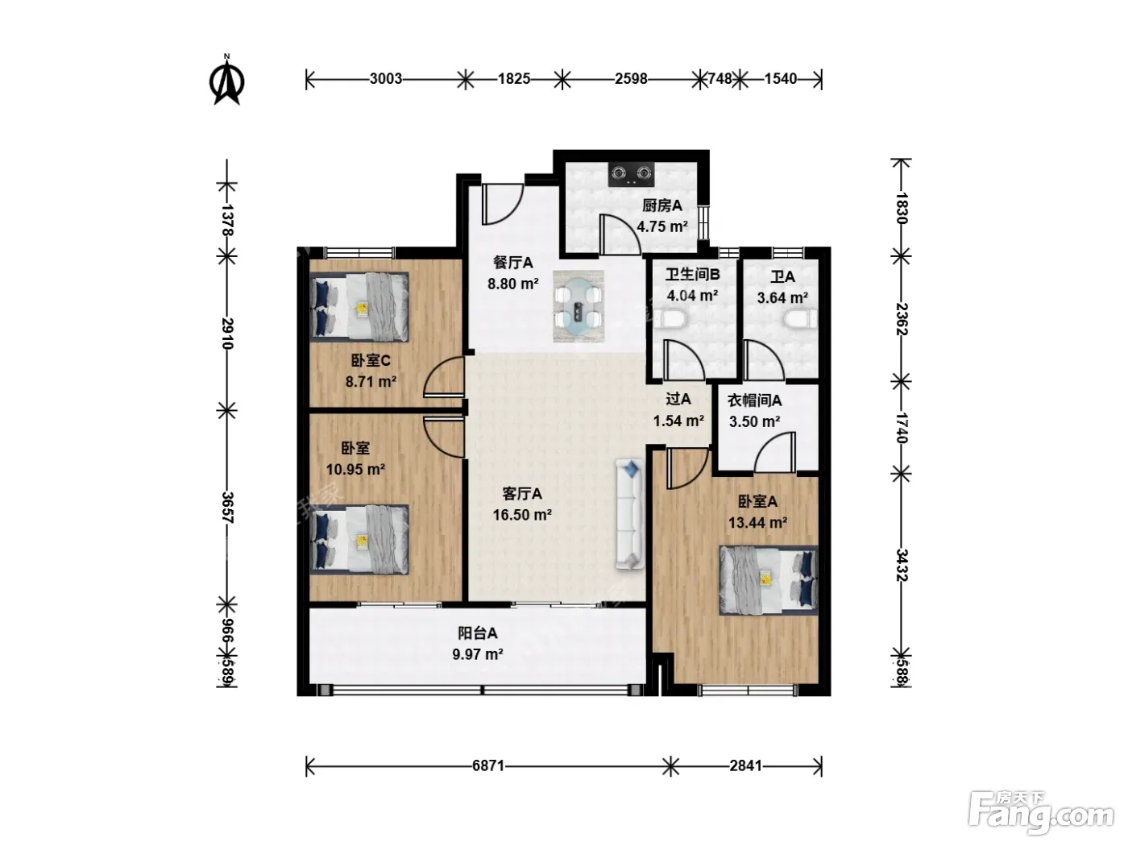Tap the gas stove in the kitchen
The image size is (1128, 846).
632,174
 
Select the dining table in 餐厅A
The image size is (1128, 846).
579,307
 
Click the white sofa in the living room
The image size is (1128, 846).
630,515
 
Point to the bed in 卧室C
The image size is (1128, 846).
359,307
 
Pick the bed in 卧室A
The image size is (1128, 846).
769,580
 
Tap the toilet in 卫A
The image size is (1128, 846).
801,319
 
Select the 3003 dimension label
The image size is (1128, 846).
385,79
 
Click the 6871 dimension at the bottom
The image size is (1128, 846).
488,766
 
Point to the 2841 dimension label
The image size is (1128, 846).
745,766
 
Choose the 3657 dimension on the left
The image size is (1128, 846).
227,508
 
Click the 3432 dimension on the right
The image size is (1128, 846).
902,565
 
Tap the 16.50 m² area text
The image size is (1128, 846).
522,515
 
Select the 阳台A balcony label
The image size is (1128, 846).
478,633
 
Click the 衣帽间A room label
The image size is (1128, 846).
754,400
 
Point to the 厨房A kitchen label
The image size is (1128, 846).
662,205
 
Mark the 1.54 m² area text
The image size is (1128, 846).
678,421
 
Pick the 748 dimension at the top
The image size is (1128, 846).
720,79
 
